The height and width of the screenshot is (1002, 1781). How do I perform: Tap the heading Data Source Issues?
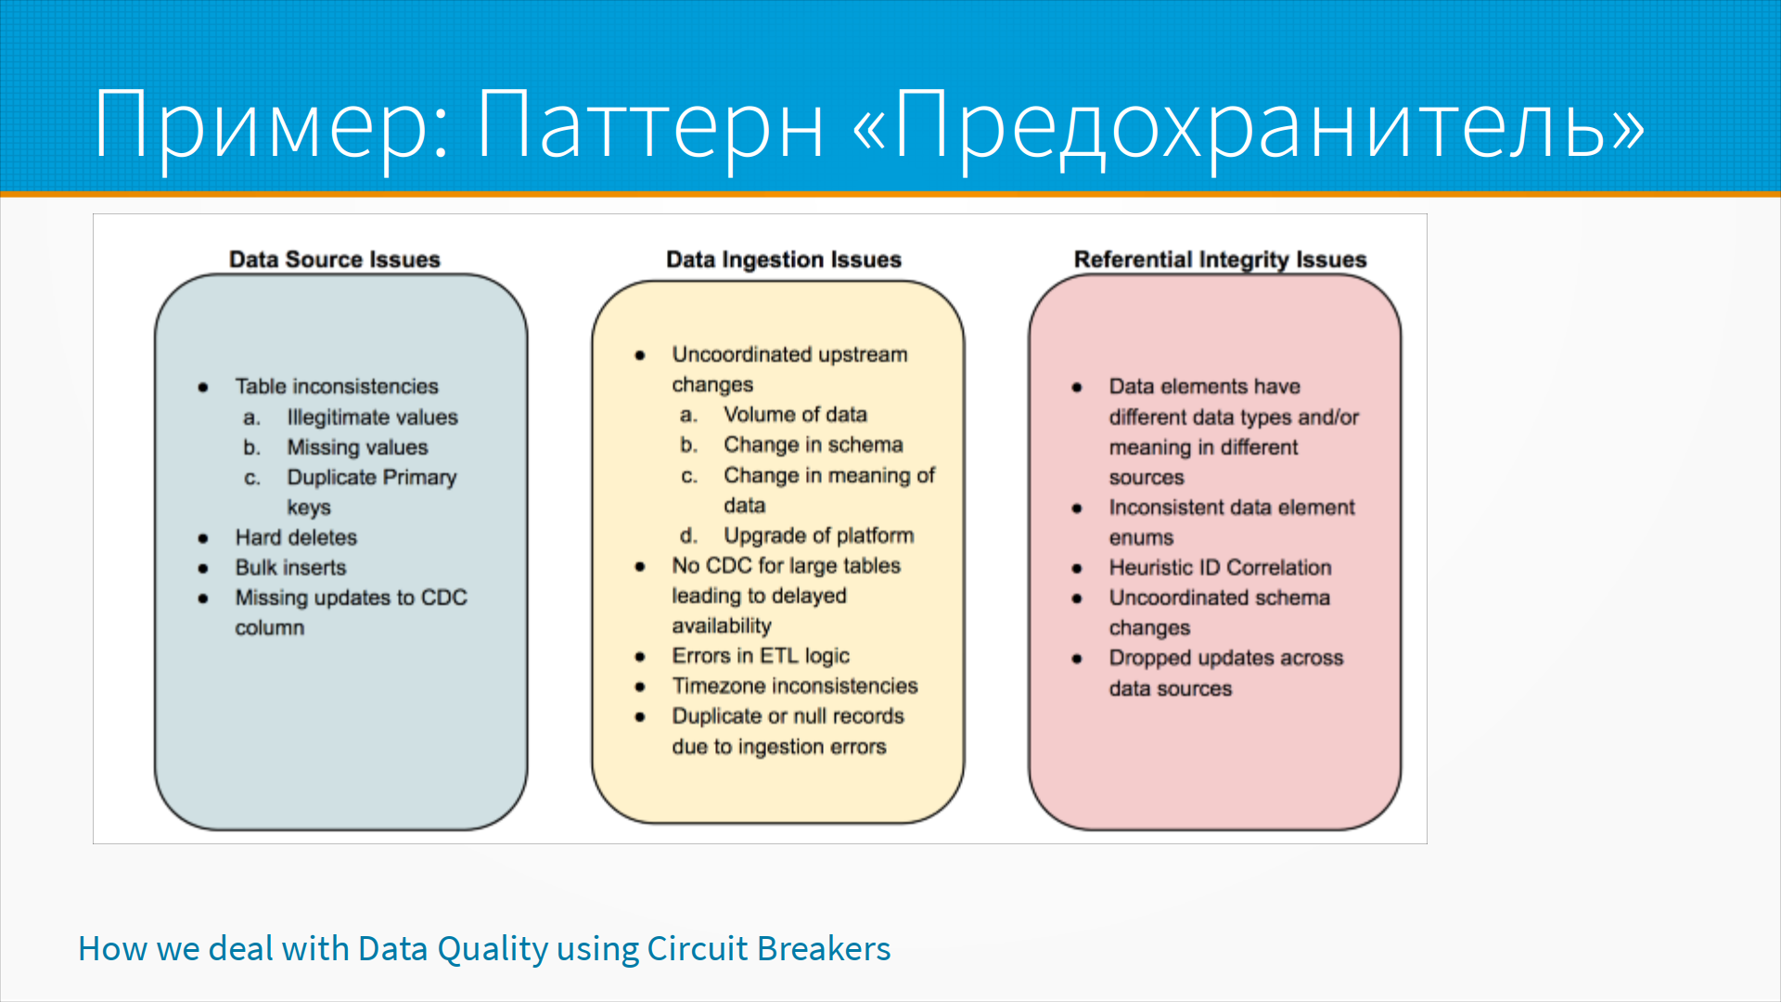coord(335,260)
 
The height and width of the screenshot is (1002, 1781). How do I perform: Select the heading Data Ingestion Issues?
coord(784,260)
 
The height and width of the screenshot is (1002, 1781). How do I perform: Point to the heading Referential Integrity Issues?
coord(1221,260)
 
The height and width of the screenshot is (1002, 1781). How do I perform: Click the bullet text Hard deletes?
coord(296,537)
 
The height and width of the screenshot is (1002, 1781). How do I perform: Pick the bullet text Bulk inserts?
coord(290,567)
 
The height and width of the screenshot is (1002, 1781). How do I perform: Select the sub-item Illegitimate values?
coord(372,417)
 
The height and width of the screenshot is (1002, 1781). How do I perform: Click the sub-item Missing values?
coord(357,447)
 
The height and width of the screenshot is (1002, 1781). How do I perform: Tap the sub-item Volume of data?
coord(795,415)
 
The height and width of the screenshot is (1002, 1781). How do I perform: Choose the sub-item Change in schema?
coord(814,444)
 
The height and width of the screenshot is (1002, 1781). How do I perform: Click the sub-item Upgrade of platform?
coord(819,535)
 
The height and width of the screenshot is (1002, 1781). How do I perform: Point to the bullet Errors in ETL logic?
coord(761,656)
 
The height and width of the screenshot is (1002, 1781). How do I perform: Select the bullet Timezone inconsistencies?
coord(795,686)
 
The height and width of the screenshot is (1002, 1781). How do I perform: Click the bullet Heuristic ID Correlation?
coord(1220,567)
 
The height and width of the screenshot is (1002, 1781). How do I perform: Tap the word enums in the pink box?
coord(1141,538)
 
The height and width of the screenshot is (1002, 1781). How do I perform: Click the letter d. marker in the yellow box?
coord(688,535)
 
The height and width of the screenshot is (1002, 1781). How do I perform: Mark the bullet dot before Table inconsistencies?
coord(203,387)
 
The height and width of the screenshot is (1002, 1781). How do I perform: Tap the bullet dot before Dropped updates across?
coord(1077,659)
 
